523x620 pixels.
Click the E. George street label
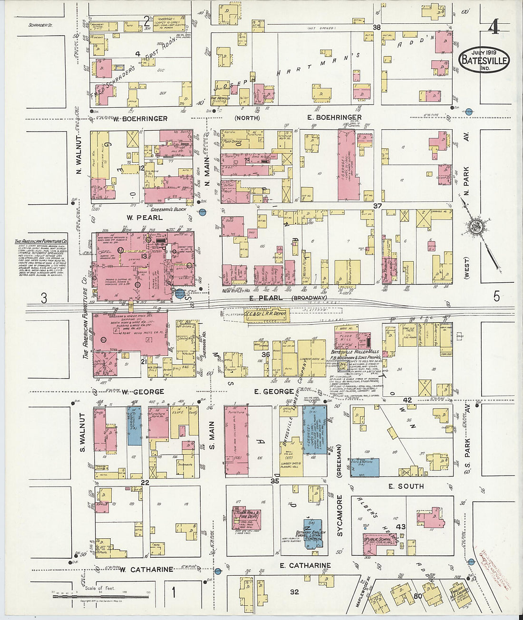[274, 391]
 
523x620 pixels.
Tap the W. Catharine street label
[146, 569]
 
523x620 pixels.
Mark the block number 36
[266, 354]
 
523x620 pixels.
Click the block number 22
[145, 483]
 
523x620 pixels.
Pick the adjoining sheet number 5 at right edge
[497, 297]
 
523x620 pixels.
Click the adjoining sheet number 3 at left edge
[44, 298]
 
